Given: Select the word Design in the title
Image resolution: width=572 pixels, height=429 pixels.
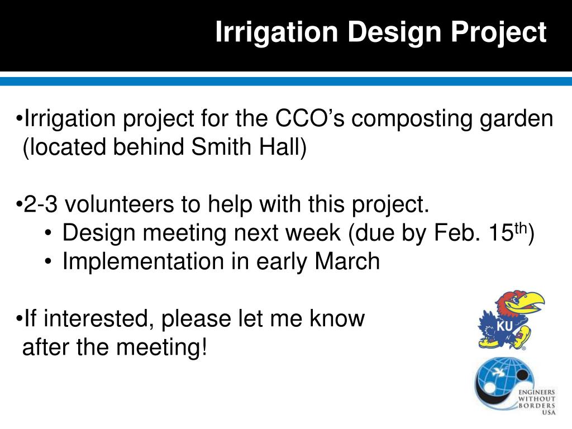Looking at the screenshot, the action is click(394, 32).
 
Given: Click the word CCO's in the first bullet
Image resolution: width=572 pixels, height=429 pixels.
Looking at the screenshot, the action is click(309, 118).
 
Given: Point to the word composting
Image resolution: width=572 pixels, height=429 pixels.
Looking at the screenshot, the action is click(412, 120).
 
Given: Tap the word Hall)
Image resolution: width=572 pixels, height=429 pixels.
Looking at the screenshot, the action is click(283, 147).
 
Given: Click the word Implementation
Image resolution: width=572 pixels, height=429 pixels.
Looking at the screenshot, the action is click(143, 261).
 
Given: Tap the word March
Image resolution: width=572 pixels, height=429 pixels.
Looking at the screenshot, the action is click(347, 261).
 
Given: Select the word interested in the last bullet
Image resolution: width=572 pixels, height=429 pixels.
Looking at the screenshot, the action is click(96, 318).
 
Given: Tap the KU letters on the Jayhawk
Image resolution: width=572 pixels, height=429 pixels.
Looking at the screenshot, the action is click(505, 326).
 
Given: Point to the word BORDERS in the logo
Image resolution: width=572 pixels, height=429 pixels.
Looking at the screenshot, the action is click(537, 406).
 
